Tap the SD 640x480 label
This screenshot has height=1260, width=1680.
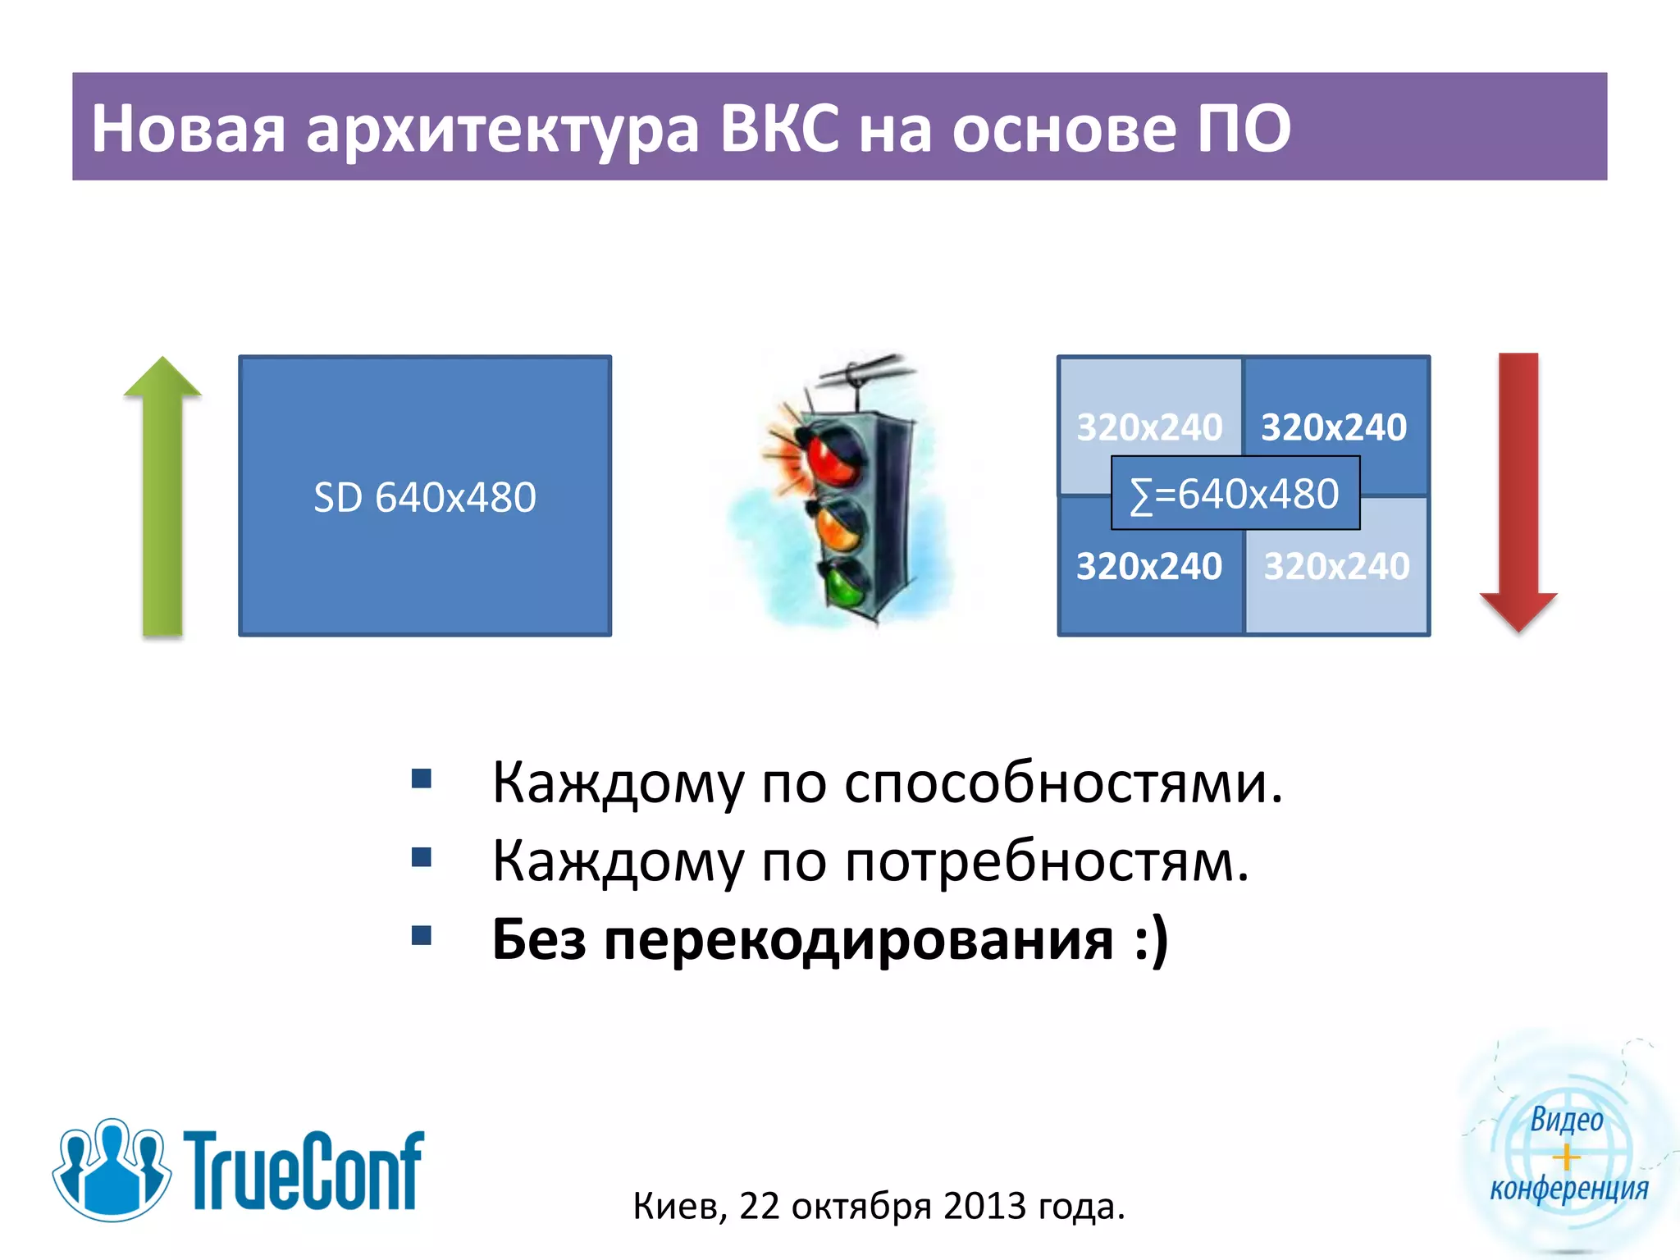pyautogui.click(x=425, y=497)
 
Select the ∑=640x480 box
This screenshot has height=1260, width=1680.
pyautogui.click(x=1235, y=494)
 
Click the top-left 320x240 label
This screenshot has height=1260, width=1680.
pyautogui.click(x=1149, y=427)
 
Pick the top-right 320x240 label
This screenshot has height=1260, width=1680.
pyautogui.click(x=1334, y=427)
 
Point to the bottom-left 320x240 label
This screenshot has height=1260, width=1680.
pyautogui.click(x=1149, y=566)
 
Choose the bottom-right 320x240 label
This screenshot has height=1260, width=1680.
pyautogui.click(x=1336, y=566)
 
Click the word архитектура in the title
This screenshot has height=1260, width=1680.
pyautogui.click(x=503, y=130)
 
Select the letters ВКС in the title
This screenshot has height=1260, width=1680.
pyautogui.click(x=780, y=128)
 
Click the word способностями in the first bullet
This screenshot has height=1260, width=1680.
pyautogui.click(x=1063, y=783)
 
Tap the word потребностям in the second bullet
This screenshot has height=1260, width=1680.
pyautogui.click(x=1047, y=861)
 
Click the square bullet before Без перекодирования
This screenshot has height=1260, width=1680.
pyautogui.click(x=422, y=936)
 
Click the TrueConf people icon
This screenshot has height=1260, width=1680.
pyautogui.click(x=111, y=1169)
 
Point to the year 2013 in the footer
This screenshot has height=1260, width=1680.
pyautogui.click(x=984, y=1206)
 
